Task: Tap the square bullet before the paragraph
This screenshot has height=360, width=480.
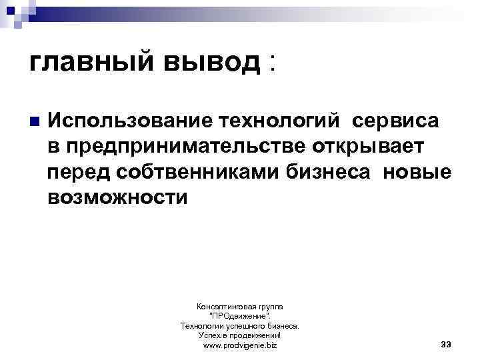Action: coord(34,122)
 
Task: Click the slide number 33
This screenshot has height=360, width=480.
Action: coord(446,344)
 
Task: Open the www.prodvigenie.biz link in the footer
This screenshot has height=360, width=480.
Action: coord(239,345)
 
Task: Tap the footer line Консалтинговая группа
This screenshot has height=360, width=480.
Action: coord(239,306)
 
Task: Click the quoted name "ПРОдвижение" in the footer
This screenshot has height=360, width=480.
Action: coord(239,316)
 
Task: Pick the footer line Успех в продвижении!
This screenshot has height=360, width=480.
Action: coord(239,335)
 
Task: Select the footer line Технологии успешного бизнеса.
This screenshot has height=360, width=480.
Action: coord(239,326)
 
